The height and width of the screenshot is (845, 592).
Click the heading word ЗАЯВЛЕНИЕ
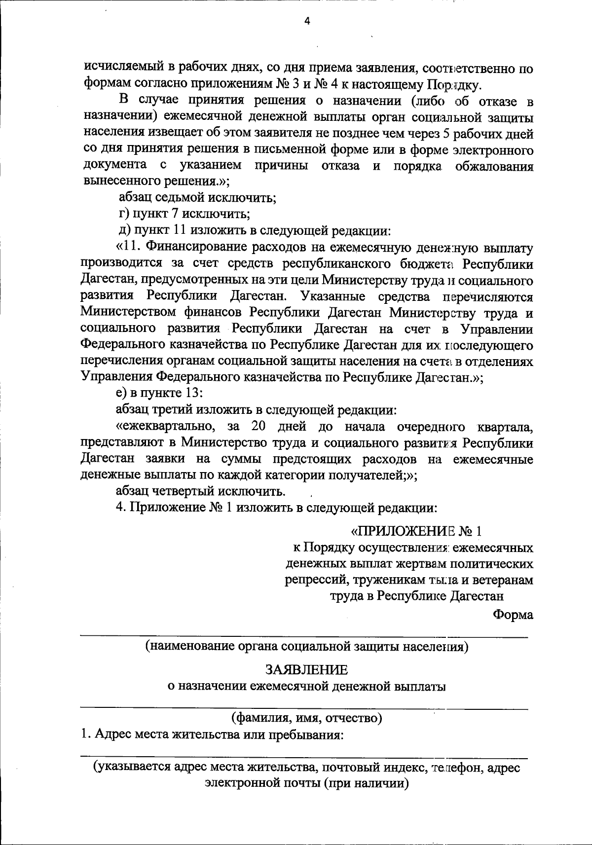coord(306,670)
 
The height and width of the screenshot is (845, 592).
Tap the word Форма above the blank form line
coord(513,615)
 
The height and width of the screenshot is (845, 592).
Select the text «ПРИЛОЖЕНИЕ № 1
coord(415,531)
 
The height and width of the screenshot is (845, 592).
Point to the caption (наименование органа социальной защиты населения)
coord(306,647)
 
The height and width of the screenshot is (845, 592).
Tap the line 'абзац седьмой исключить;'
coord(197,198)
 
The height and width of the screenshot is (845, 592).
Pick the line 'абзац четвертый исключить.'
coord(200,491)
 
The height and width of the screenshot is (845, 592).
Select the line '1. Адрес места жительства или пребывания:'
coord(212,735)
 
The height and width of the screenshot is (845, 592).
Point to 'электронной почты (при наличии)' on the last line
coord(306,783)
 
